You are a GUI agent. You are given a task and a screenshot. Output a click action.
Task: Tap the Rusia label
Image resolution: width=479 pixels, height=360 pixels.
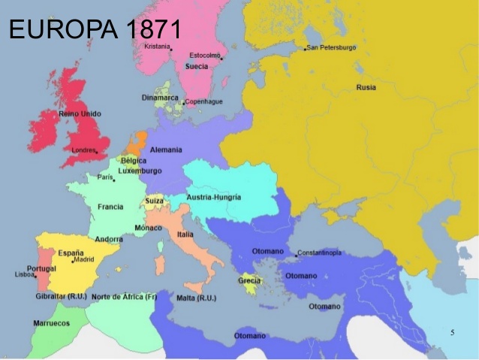click(x=366, y=87)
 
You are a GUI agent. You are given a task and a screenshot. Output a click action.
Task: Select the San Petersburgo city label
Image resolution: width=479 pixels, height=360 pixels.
click(x=331, y=47)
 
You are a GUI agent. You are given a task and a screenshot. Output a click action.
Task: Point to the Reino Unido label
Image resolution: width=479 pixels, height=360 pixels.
click(x=80, y=113)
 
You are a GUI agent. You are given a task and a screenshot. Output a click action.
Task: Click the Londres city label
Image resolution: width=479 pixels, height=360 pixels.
click(x=83, y=150)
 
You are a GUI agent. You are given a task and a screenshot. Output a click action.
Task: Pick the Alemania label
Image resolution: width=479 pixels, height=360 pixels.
click(x=166, y=150)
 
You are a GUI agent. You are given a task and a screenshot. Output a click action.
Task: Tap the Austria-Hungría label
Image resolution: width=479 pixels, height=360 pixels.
click(x=215, y=197)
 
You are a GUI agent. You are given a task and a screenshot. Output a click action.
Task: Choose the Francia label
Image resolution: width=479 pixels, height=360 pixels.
click(x=110, y=207)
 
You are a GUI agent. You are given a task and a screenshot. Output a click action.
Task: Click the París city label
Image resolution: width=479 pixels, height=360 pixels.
click(x=104, y=177)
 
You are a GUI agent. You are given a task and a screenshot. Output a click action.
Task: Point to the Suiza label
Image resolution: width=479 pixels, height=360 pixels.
click(x=154, y=201)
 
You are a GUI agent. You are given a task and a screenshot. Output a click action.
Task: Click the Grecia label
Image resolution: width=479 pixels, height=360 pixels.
click(x=249, y=280)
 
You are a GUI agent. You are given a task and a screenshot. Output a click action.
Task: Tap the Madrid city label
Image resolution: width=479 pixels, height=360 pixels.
click(x=83, y=259)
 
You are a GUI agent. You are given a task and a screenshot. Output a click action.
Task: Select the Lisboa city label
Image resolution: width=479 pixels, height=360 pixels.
click(x=25, y=275)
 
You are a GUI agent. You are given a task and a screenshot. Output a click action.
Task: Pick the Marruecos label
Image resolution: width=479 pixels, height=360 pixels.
click(x=51, y=323)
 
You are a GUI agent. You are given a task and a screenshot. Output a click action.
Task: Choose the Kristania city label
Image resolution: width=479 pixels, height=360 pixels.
click(x=157, y=47)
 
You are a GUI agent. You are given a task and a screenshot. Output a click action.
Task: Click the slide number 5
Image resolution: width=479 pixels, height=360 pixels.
click(x=452, y=331)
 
